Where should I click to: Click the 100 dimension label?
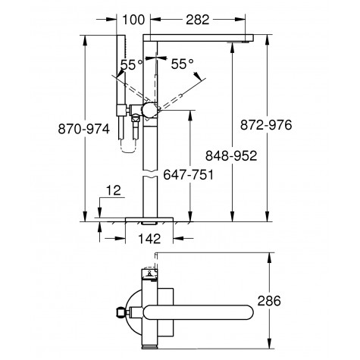click(133, 20)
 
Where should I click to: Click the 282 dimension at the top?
click(198, 20)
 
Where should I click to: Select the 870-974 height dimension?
click(84, 129)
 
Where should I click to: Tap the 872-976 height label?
click(266, 125)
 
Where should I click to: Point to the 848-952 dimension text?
click(231, 155)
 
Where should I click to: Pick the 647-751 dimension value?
click(189, 174)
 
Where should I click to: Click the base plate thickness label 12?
click(114, 190)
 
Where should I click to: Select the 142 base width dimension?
click(149, 239)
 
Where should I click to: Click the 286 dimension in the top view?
click(269, 301)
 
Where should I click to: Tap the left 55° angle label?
click(131, 64)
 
